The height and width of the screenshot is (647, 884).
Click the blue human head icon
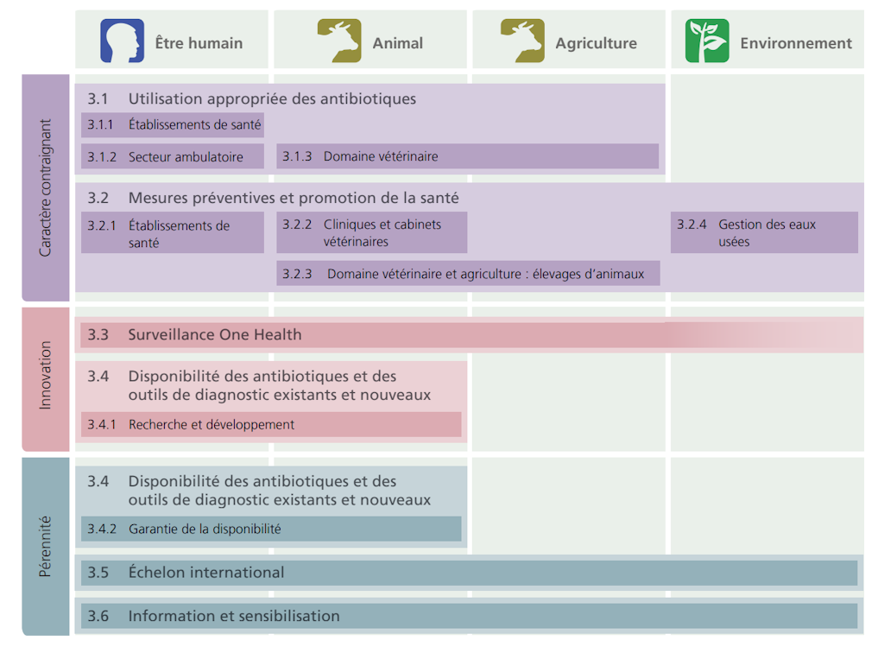[123, 41]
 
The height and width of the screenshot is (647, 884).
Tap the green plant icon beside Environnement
[707, 41]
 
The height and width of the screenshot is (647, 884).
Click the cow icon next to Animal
[339, 41]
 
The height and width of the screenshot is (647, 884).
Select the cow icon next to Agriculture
[522, 41]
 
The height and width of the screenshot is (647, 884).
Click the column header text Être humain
[199, 43]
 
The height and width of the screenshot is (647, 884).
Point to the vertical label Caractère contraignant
[46, 187]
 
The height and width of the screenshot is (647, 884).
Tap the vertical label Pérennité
[46, 547]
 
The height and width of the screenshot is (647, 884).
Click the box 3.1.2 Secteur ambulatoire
[173, 156]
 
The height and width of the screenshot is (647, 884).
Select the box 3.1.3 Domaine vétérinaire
[467, 156]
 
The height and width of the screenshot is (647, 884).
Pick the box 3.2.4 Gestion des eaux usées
[764, 232]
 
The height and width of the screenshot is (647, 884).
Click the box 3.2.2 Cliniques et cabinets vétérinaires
[371, 232]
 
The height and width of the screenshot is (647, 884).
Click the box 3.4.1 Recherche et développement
[271, 424]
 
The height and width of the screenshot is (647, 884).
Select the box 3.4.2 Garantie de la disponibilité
[271, 529]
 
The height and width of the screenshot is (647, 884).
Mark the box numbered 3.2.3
[468, 274]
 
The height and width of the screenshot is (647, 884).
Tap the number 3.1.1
[100, 125]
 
